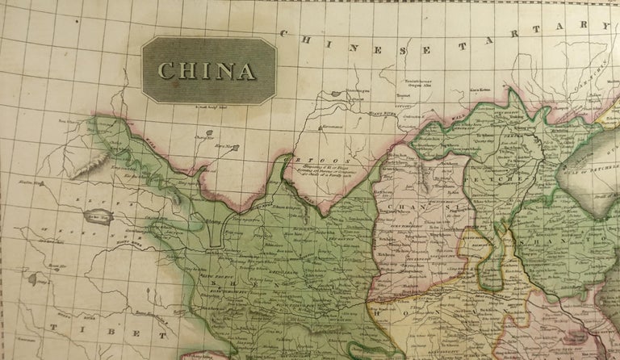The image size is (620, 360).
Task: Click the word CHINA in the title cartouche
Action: (x=207, y=70)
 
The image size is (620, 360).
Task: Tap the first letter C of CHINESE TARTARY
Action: (x=284, y=33)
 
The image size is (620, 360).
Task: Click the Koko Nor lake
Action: (x=98, y=216)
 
